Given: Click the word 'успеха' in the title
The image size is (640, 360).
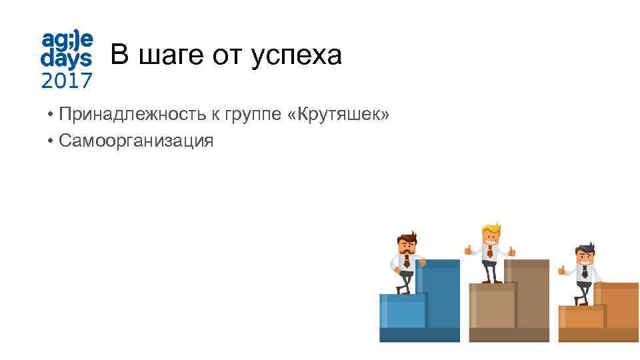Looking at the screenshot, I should pos(297,55).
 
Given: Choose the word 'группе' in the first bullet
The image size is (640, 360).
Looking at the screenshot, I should pos(255,117).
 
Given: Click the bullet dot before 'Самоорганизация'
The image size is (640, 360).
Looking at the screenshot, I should pos(51,141).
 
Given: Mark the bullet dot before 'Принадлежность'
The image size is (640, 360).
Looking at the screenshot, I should pos(51,117).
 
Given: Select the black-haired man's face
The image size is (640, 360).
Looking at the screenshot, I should pos(585,257).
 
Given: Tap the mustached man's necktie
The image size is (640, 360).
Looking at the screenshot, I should pos(406,261).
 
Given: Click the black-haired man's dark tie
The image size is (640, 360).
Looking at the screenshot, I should pos(585,272).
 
